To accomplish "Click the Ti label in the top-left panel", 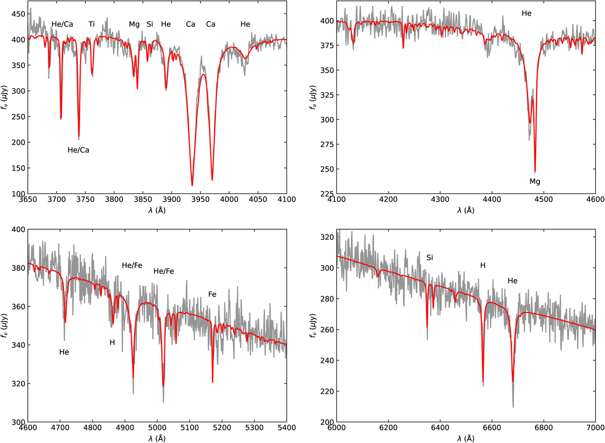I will [91, 24].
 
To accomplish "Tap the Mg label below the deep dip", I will [535, 181].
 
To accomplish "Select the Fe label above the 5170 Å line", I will [212, 294].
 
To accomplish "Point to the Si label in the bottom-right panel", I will [430, 258].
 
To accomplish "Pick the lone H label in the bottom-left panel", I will [112, 342].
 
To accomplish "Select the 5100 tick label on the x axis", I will [189, 431].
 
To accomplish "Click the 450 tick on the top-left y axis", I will [18, 14].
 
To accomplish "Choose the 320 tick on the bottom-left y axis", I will [18, 384].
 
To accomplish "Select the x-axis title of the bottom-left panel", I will [157, 439].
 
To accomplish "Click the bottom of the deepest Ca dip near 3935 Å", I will [192, 185].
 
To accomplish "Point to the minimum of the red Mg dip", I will [535, 172].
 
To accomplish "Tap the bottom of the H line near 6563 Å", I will [483, 383].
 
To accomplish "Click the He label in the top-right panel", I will [526, 14].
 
